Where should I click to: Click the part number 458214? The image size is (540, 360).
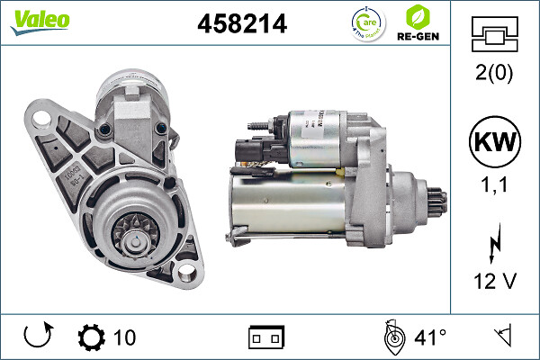[241, 24]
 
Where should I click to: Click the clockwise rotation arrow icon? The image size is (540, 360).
[38, 337]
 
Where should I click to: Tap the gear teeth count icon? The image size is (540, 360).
[91, 337]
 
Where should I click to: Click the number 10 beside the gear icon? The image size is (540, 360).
[125, 337]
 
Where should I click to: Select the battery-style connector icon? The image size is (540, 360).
[265, 337]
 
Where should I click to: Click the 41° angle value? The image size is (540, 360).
[430, 337]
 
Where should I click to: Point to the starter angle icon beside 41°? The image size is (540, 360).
[391, 337]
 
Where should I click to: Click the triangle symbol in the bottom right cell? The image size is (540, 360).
[502, 337]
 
